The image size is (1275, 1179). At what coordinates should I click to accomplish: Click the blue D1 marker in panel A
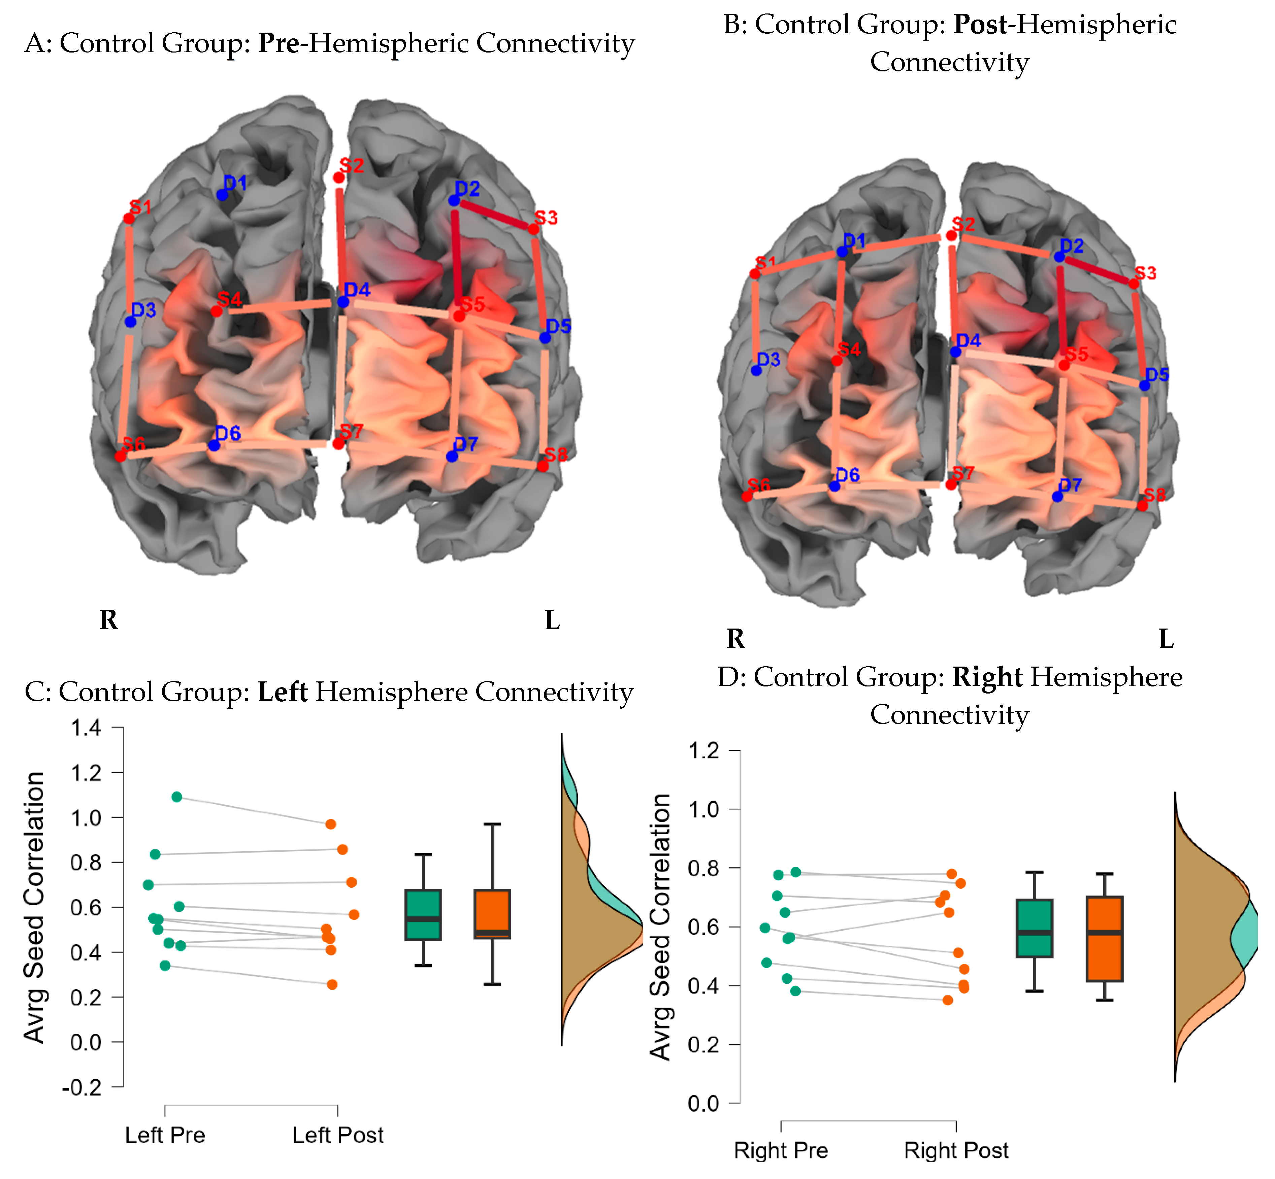click(x=222, y=195)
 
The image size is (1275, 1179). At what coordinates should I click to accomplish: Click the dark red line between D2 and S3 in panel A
click(x=495, y=215)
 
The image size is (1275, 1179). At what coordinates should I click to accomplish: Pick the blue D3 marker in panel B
click(x=756, y=370)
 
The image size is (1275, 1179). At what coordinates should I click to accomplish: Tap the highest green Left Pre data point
click(x=177, y=797)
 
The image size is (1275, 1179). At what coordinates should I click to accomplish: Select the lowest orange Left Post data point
click(x=332, y=984)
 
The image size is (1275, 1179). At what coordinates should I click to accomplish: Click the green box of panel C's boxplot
click(x=423, y=914)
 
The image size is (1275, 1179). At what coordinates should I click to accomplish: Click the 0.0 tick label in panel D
click(x=703, y=1104)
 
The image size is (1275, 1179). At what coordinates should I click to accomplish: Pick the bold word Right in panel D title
click(x=987, y=677)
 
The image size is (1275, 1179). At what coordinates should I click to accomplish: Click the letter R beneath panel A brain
click(x=108, y=619)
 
